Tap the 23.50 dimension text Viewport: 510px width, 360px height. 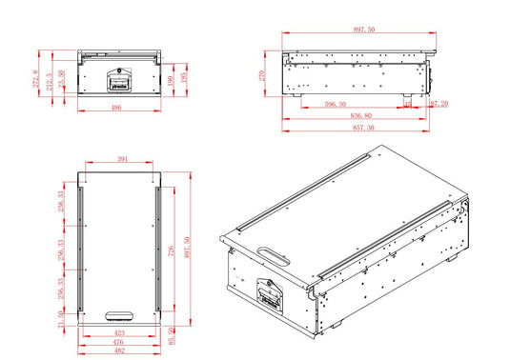62,77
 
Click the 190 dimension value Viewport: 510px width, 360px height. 173,81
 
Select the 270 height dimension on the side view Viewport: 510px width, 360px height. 260,73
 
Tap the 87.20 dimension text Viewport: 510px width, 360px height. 439,105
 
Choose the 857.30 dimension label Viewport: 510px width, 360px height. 359,127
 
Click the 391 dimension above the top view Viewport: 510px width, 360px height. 122,158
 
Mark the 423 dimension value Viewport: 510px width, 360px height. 119,333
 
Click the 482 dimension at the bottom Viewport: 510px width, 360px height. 119,350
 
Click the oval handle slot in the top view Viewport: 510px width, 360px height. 119,315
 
